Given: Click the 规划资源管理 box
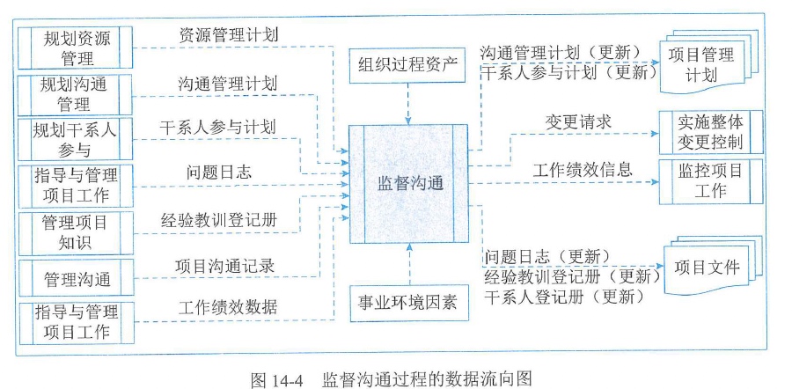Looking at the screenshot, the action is click(x=76, y=48).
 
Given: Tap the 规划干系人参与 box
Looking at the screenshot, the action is click(x=76, y=139).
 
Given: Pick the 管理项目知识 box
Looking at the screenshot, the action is click(x=76, y=232).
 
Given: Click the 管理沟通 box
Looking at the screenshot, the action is click(x=76, y=279).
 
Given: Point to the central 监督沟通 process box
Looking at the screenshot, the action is click(x=409, y=184).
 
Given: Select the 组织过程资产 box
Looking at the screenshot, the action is click(x=408, y=64).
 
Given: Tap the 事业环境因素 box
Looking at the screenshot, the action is click(x=408, y=303).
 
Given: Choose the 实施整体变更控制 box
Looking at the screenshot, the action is click(x=711, y=130).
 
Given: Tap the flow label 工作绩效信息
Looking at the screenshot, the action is click(x=582, y=168).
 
